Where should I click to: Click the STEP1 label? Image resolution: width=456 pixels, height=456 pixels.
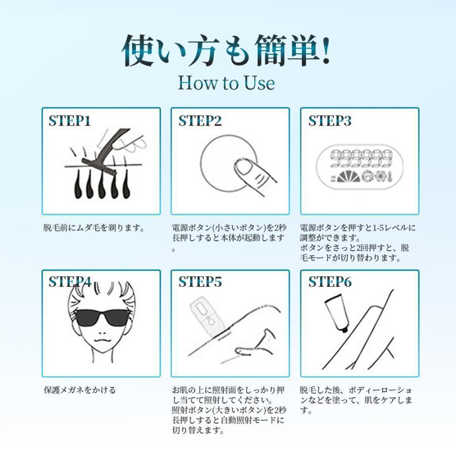point(69,121)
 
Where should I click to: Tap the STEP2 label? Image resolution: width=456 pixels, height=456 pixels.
point(200,121)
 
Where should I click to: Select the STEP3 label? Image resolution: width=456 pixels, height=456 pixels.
point(330,121)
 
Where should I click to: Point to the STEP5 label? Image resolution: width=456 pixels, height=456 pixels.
point(200,282)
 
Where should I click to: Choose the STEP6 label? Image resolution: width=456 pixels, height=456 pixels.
point(330,282)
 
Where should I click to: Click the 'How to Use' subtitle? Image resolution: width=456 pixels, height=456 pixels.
point(226,83)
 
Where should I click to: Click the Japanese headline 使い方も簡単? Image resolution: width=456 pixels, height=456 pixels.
point(226,51)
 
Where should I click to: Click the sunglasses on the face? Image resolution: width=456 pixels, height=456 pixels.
point(102,318)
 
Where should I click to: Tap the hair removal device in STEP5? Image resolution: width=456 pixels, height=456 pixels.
point(207,316)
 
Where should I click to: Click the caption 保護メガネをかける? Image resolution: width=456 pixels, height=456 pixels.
point(80,390)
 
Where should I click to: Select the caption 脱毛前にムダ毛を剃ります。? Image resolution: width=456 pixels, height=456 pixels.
point(94,227)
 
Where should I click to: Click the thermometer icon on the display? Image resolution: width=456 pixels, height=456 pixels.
point(389,176)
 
